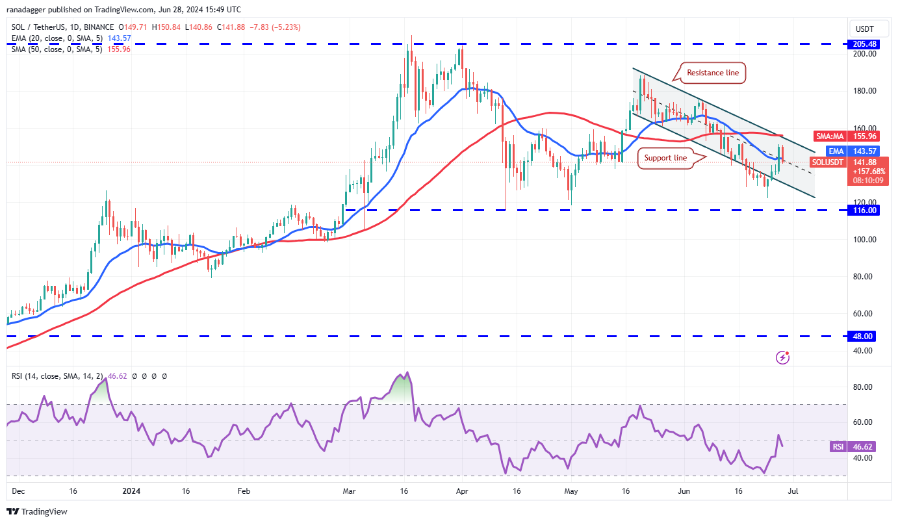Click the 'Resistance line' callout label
[x=713, y=73]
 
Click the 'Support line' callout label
[x=666, y=158]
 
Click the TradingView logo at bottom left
[x=37, y=511]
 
